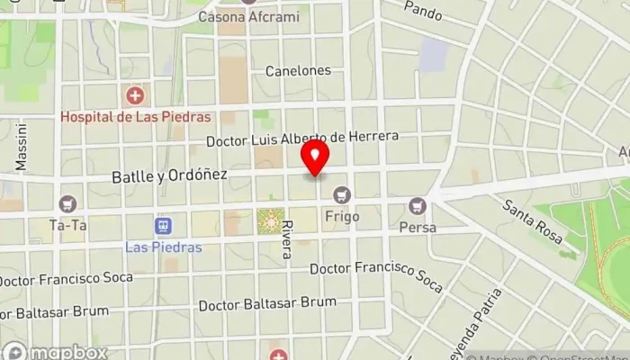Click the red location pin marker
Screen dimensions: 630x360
[x=315, y=157]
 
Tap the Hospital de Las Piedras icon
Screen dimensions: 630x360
[x=135, y=94]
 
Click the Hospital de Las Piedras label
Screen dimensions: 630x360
[x=135, y=116]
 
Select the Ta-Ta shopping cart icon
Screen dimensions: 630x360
[x=67, y=204]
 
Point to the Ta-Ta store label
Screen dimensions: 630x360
[x=67, y=225]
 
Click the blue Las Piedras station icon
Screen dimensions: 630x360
[x=163, y=225]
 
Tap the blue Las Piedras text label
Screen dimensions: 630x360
[x=163, y=247]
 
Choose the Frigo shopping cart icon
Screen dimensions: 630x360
[x=341, y=194]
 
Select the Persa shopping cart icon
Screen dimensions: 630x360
[x=417, y=206]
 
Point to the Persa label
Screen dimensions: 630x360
[x=417, y=228]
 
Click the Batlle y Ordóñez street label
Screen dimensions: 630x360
[x=169, y=175]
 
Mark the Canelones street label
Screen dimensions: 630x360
[x=298, y=70]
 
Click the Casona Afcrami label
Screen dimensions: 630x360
[x=254, y=17]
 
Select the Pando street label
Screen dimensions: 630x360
[x=423, y=10]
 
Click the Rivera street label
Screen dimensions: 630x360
[x=286, y=240]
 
